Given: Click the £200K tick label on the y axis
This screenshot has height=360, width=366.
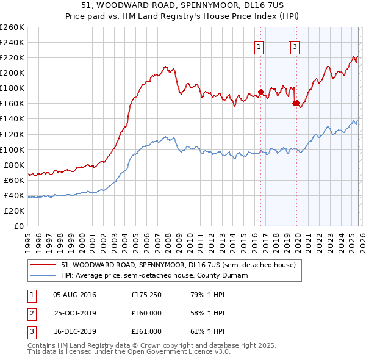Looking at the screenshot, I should [x=12, y=73].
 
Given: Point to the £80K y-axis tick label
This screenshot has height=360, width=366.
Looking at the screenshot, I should [x=14, y=165].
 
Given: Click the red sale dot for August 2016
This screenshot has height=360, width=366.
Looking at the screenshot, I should [x=260, y=92].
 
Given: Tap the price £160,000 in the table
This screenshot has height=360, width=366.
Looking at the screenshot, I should [x=146, y=313].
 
